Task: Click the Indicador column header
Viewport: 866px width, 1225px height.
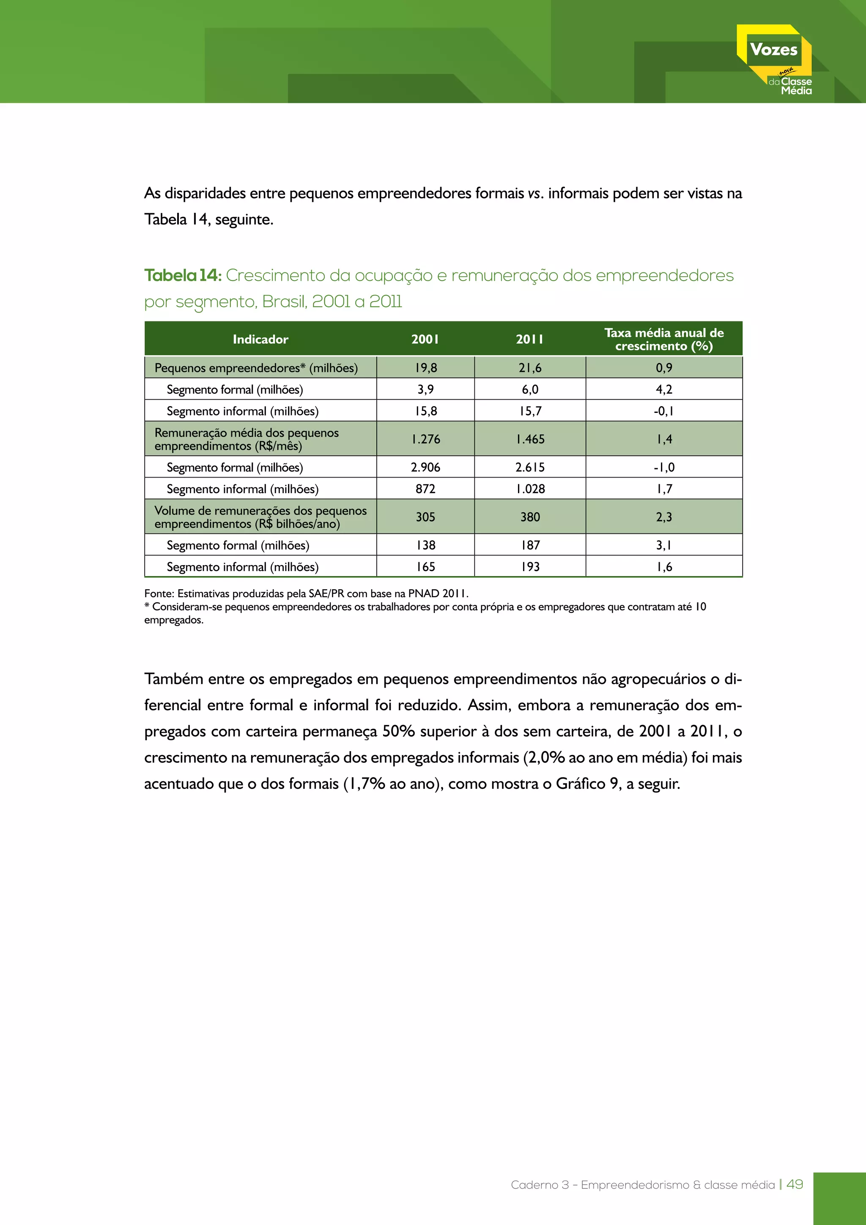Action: click(260, 339)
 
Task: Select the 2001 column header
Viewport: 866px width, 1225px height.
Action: click(425, 339)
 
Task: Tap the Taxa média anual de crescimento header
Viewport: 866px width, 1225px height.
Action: click(664, 339)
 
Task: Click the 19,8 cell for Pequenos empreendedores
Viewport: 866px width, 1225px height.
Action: click(425, 368)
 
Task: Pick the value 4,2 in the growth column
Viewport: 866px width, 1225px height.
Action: click(664, 390)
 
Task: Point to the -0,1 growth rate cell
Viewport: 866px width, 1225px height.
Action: click(664, 411)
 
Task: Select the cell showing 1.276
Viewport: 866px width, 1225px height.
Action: click(425, 439)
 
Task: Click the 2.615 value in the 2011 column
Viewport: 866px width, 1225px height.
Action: click(530, 467)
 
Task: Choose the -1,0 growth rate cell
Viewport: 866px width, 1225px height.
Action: click(664, 467)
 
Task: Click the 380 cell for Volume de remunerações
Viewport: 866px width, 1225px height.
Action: click(530, 517)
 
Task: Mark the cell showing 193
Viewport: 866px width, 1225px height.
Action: click(530, 567)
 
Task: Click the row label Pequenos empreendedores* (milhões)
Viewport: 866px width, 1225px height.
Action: click(256, 368)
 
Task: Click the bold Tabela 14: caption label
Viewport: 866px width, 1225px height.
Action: click(182, 275)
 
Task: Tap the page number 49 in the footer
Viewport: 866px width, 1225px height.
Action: click(795, 1184)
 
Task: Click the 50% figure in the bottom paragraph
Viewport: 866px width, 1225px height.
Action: click(398, 731)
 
